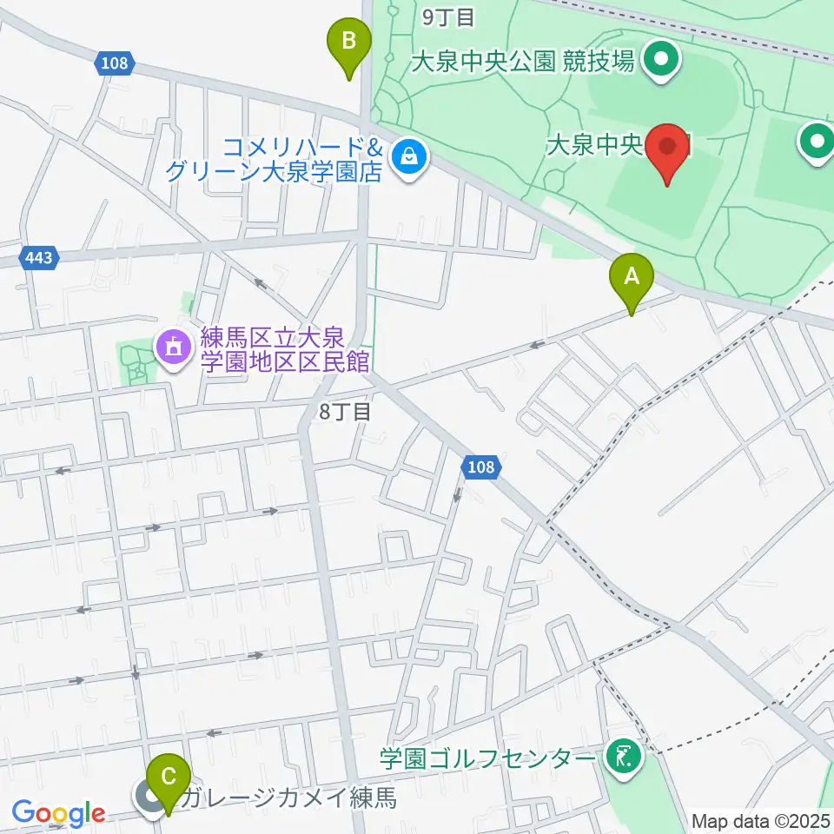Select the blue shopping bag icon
407,157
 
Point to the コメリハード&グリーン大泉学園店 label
278,159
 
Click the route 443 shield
39,258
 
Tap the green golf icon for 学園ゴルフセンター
623,759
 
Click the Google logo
58,814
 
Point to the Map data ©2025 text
761,821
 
